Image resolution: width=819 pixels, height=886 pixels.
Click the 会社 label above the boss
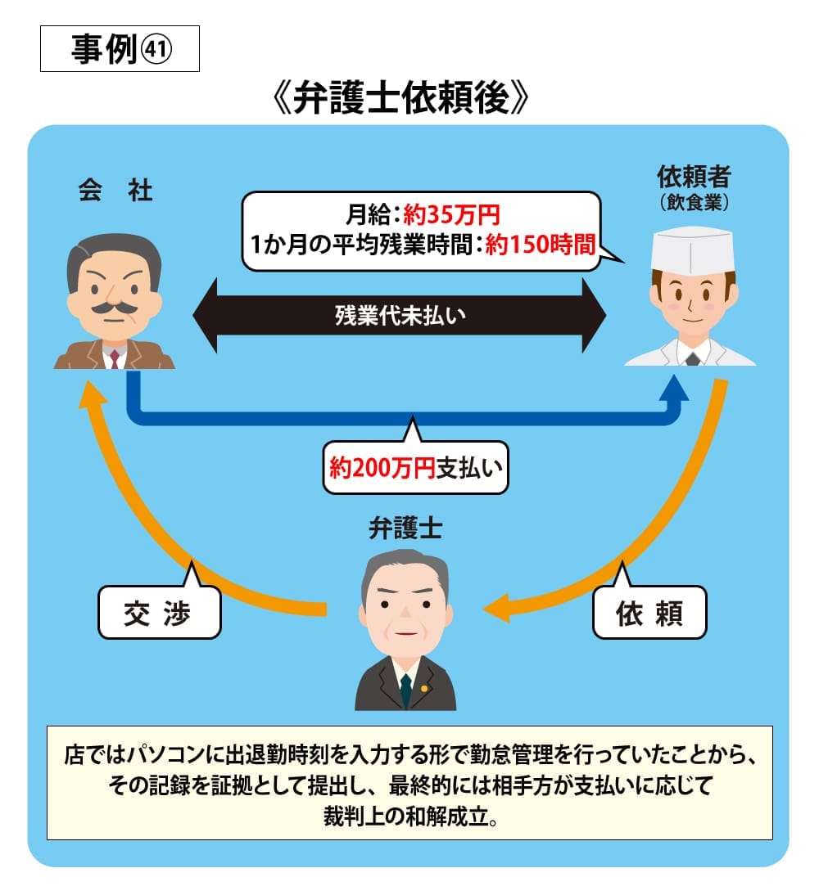click(115, 191)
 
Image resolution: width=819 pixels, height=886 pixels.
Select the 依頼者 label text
click(694, 177)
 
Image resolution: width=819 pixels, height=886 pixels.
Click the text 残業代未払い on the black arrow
click(400, 315)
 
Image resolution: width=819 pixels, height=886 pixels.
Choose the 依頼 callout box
click(649, 613)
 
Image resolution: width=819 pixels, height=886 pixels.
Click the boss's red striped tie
click(115, 358)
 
